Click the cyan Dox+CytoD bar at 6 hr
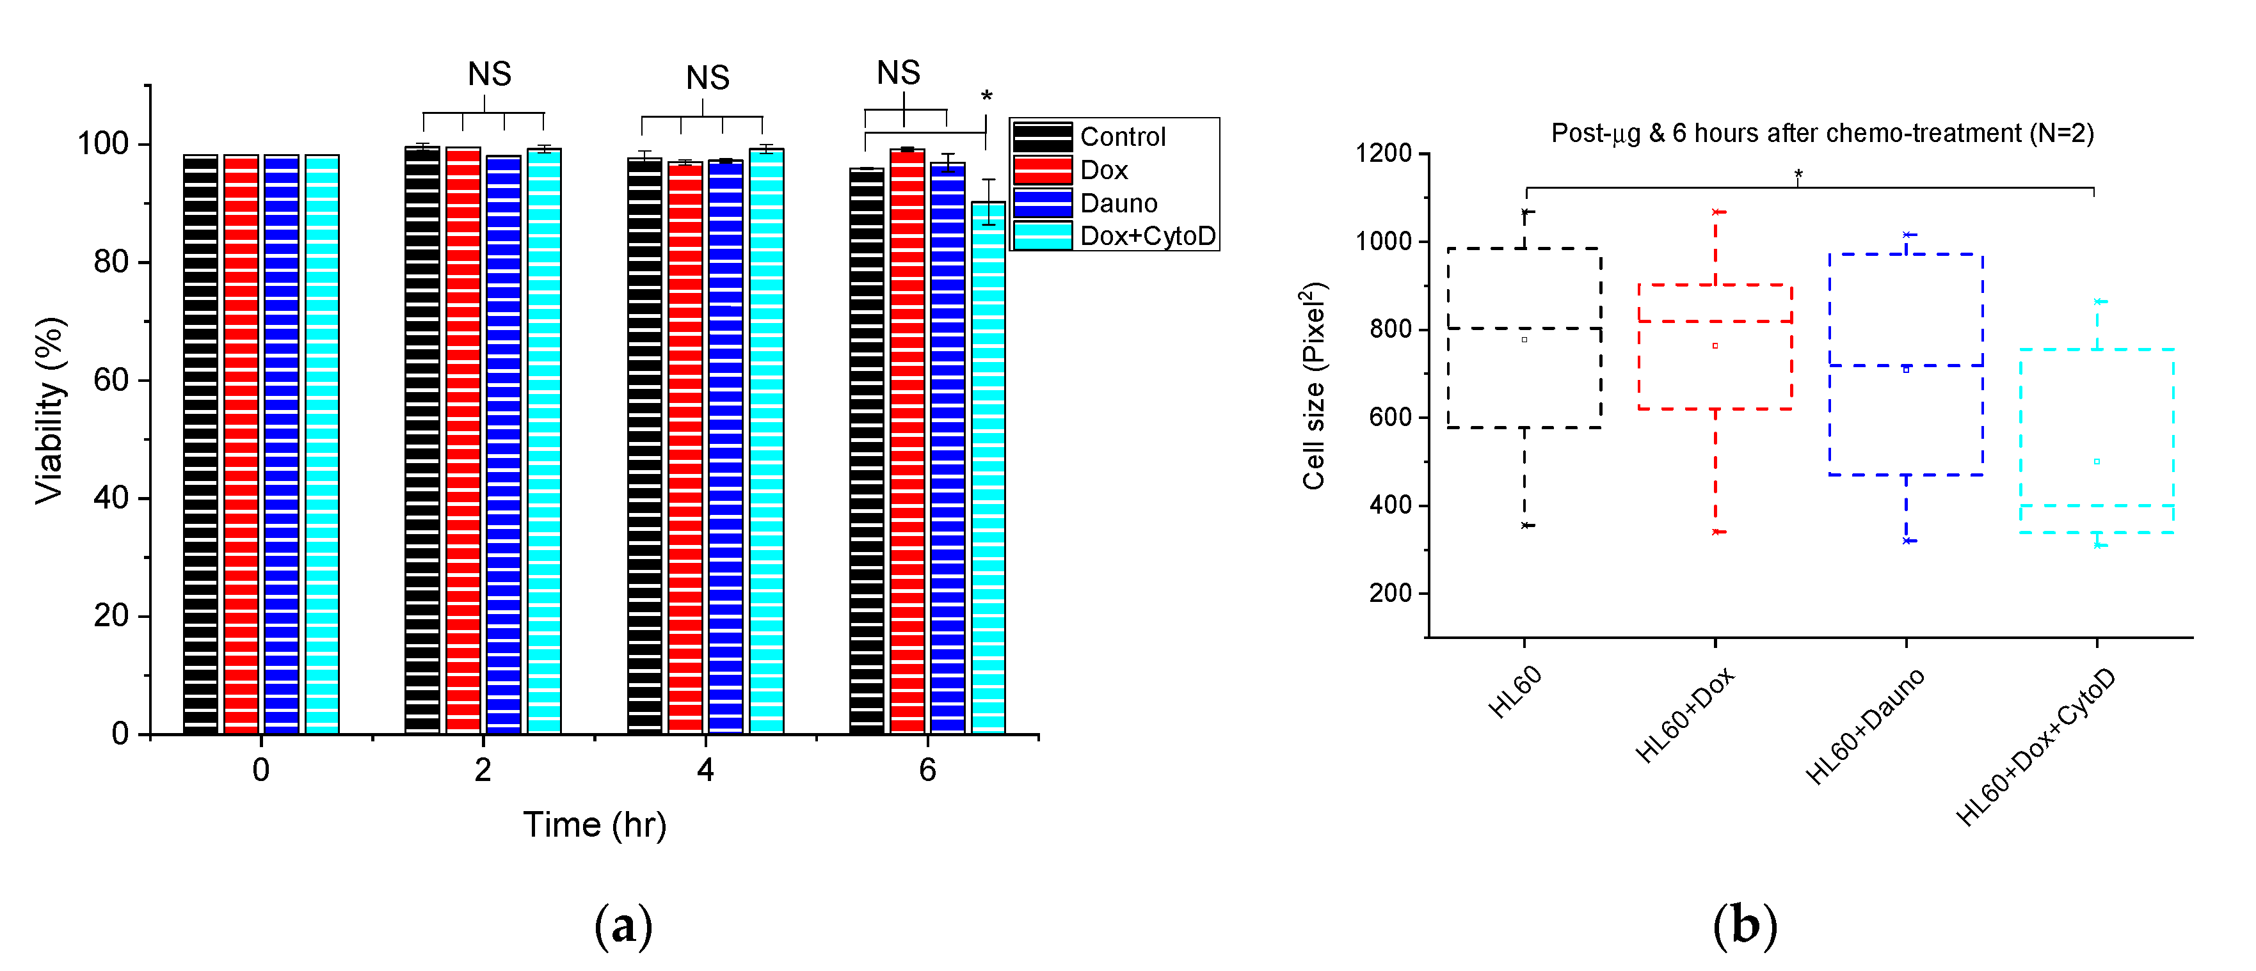[988, 468]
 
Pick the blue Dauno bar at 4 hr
[725, 446]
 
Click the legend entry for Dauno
[1118, 203]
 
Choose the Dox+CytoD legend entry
[1148, 237]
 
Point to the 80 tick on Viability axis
[111, 262]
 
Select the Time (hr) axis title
[595, 825]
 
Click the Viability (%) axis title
[50, 410]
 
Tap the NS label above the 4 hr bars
[708, 78]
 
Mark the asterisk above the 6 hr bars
[987, 97]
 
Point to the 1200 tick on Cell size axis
[1384, 154]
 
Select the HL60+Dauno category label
[1866, 726]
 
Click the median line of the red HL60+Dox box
[1715, 321]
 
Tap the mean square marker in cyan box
[2097, 461]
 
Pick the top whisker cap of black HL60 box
[1526, 212]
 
